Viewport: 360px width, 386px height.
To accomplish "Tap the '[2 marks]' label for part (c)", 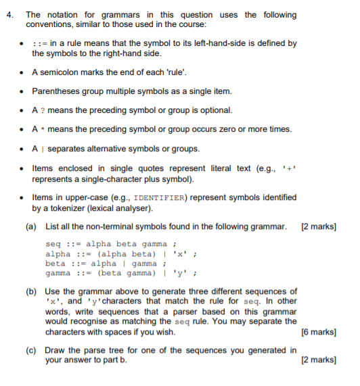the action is click(318, 360).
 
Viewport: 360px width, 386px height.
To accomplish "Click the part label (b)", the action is click(31, 291).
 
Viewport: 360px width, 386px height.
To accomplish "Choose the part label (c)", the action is click(31, 350).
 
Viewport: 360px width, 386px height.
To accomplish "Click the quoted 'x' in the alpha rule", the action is click(180, 254).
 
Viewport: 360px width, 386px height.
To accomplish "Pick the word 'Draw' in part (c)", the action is click(55, 350).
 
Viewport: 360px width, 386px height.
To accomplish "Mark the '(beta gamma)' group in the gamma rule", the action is click(123, 273).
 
